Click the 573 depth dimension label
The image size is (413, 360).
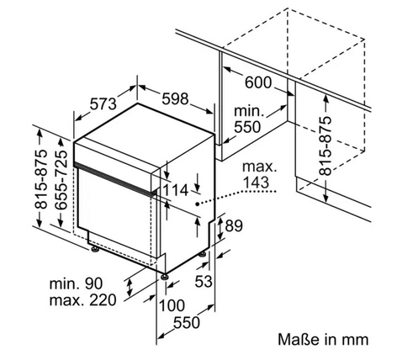pos(103,104)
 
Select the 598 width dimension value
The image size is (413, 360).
pos(176,98)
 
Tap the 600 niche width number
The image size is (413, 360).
pos(258,82)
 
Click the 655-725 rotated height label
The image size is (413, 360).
pos(61,180)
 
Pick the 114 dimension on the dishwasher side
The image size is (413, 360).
pos(175,190)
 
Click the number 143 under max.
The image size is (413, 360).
pos(256,183)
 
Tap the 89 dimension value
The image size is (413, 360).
pos(234,225)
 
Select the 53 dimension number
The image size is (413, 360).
pos(204,281)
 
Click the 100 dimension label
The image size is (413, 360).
pos(172,305)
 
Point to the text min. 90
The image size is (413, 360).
pos(76,283)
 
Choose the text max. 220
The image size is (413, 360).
pos(82,300)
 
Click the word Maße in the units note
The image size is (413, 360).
pos(299,339)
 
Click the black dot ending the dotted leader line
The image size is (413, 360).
pos(198,204)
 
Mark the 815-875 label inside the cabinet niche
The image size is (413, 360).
pos(326,146)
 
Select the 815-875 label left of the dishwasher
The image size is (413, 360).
pos(40,180)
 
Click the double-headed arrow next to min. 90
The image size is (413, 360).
pos(130,287)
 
